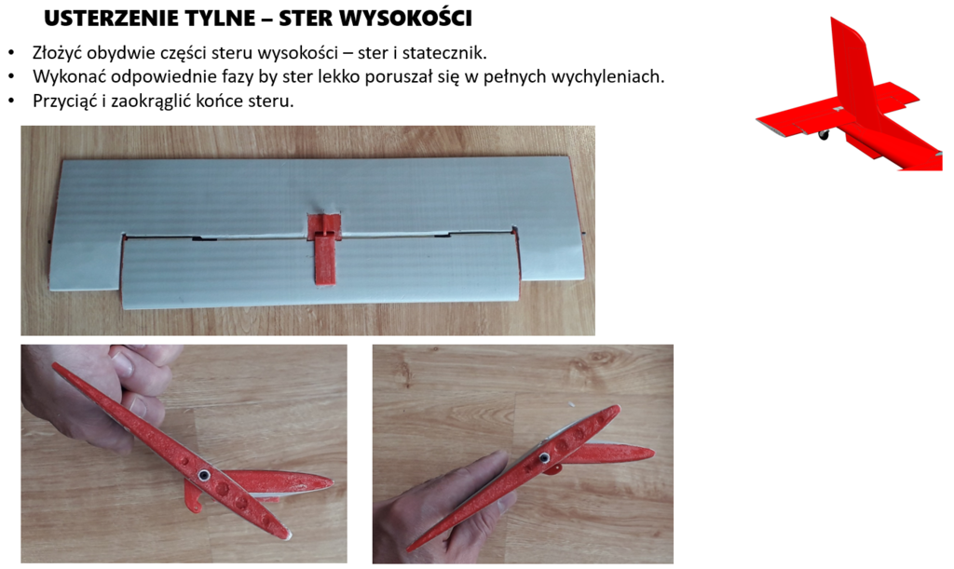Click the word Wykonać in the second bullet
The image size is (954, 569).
pos(66,76)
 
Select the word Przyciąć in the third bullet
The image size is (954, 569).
pos(65,101)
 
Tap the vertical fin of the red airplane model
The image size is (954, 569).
pos(852,65)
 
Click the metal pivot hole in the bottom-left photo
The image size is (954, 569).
pos(202,476)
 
